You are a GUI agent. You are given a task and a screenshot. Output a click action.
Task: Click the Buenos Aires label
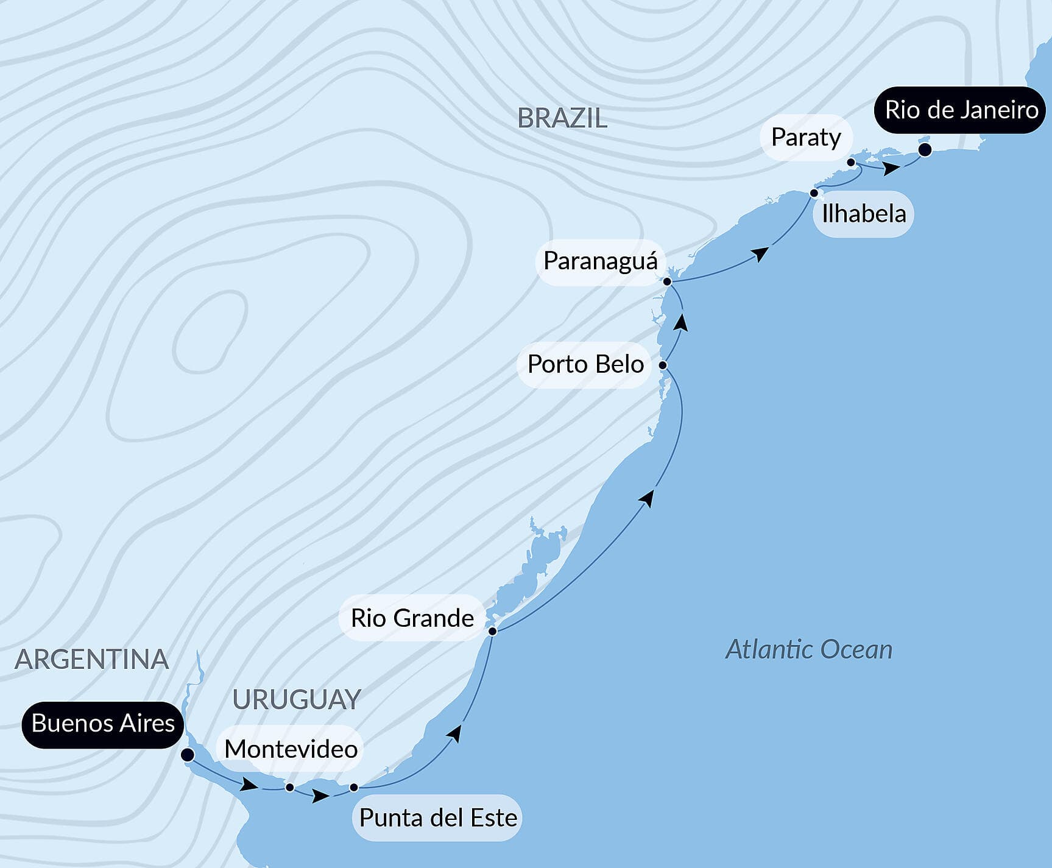pos(103,724)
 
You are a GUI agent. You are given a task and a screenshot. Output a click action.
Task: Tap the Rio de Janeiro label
pos(961,110)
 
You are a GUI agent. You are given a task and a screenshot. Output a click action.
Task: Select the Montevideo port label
pos(291,749)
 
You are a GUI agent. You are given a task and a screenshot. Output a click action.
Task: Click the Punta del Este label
pos(438,817)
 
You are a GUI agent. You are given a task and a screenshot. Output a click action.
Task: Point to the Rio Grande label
pos(412,618)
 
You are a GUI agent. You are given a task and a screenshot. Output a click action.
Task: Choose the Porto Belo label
pos(585,364)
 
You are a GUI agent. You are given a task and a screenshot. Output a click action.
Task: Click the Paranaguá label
pos(600,261)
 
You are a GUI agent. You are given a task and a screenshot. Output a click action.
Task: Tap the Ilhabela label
pos(864,214)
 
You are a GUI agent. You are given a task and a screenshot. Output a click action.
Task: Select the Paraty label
pos(805,138)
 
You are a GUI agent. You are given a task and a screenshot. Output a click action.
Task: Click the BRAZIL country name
pos(562,118)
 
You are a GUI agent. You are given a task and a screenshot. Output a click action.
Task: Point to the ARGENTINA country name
pos(91,660)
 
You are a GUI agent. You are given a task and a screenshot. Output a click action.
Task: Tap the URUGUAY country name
pos(297,700)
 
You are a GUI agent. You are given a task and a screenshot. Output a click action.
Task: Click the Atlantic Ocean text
pos(808,650)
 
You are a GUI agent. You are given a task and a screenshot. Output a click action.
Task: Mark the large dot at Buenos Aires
pos(188,755)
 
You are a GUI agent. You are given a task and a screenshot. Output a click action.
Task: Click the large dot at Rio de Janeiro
pos(925,150)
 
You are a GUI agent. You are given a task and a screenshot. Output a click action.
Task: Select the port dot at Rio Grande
pos(492,631)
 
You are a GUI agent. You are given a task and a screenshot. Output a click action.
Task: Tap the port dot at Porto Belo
pos(663,365)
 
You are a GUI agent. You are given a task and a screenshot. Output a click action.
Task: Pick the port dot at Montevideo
pos(290,788)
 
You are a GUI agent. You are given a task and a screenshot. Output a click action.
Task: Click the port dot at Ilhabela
pos(814,193)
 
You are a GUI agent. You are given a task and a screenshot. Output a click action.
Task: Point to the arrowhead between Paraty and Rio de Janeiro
pos(891,168)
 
